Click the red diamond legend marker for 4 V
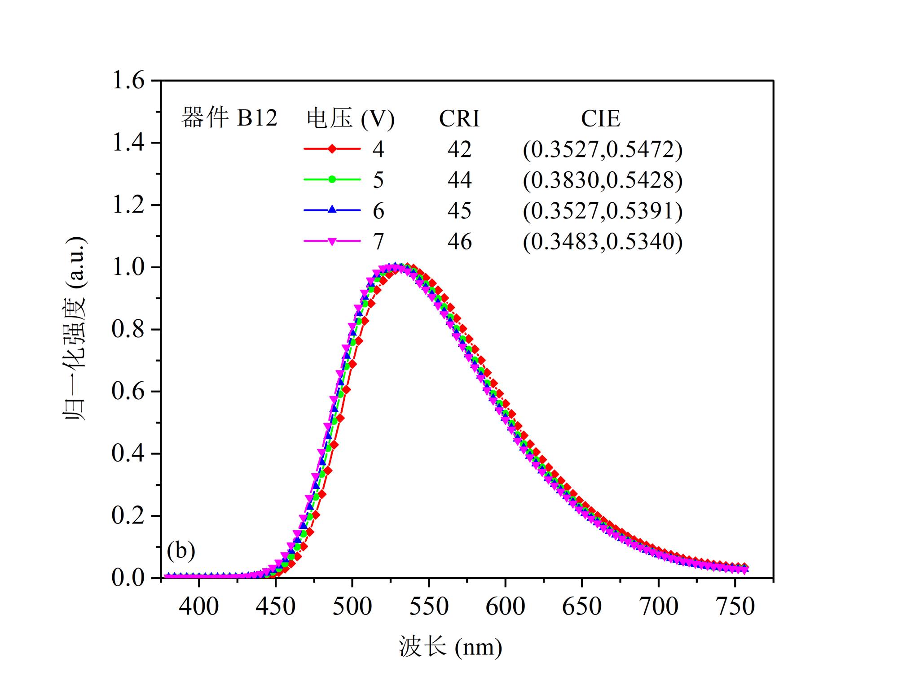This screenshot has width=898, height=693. [332, 148]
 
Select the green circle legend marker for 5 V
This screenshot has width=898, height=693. [332, 179]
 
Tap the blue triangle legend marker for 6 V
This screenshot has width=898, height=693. [332, 209]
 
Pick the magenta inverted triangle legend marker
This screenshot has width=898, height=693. [332, 241]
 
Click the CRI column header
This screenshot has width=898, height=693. [459, 119]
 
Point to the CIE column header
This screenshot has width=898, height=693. [600, 119]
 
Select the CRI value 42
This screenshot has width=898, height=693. [459, 149]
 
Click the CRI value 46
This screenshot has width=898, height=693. [459, 242]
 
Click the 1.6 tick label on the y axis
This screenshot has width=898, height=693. [128, 81]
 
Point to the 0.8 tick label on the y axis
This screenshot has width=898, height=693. [128, 329]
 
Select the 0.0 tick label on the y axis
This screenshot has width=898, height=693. [128, 578]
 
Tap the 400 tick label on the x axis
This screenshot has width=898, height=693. [198, 606]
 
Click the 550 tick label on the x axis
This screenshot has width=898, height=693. [429, 606]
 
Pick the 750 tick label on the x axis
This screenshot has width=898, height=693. [735, 606]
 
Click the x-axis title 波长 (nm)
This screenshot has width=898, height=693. [450, 647]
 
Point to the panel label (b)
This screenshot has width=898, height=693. [181, 550]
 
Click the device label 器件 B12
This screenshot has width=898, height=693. [229, 118]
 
